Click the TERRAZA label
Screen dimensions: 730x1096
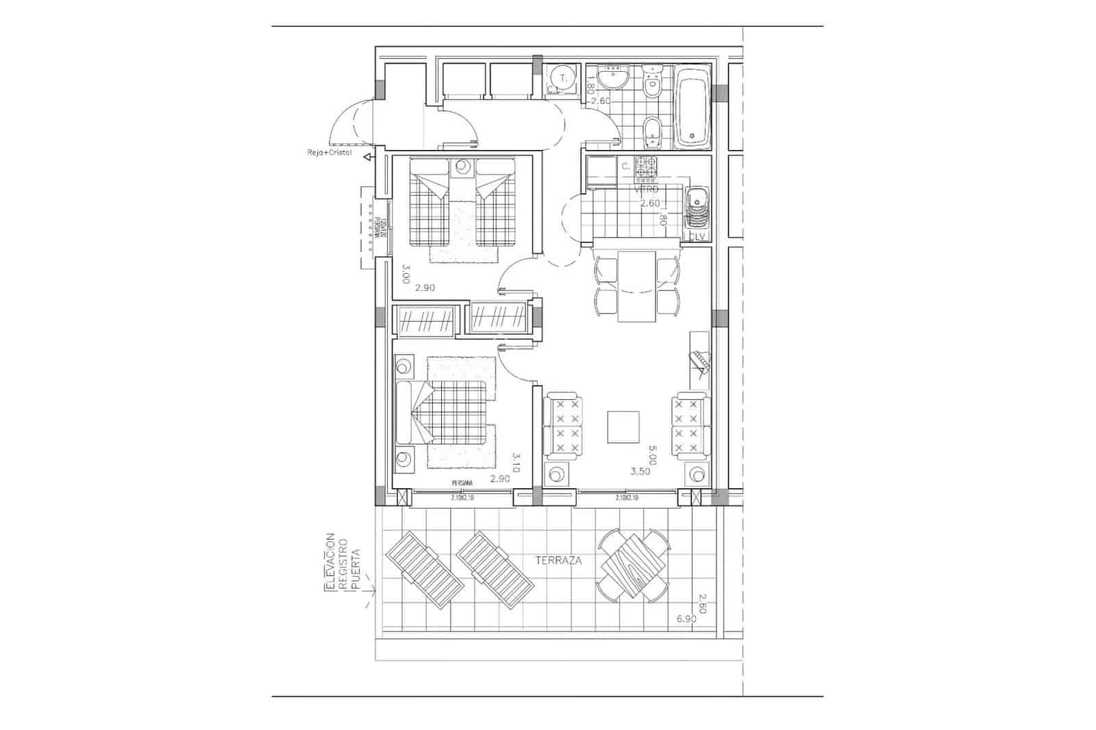coord(558,560)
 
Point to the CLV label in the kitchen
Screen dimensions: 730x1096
coord(697,236)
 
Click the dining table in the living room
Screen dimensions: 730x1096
coord(637,286)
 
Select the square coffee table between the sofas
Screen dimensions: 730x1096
coord(623,427)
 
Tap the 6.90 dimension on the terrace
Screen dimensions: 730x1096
coord(686,619)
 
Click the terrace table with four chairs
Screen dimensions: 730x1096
coord(633,566)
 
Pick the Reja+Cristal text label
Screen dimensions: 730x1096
coord(329,153)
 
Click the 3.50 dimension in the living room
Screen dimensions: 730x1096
coord(640,471)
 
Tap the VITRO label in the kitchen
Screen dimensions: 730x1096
coord(647,188)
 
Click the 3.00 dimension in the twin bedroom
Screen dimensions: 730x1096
coord(406,274)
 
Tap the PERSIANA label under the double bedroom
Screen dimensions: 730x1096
coord(462,483)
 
